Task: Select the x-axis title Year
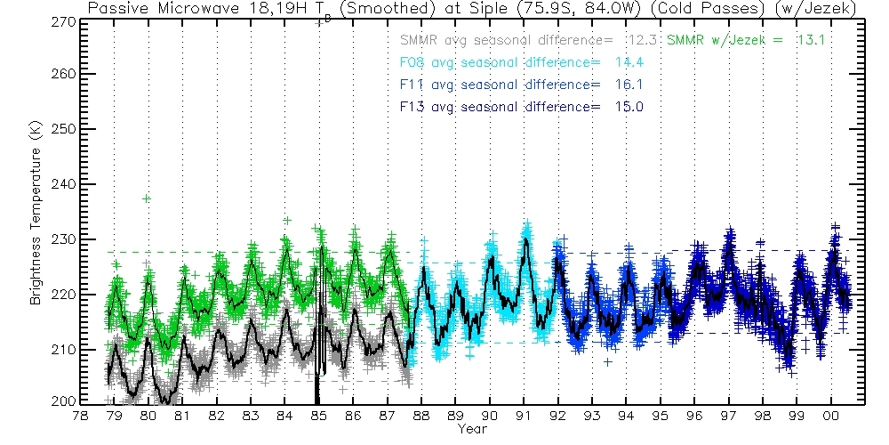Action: click(471, 430)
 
